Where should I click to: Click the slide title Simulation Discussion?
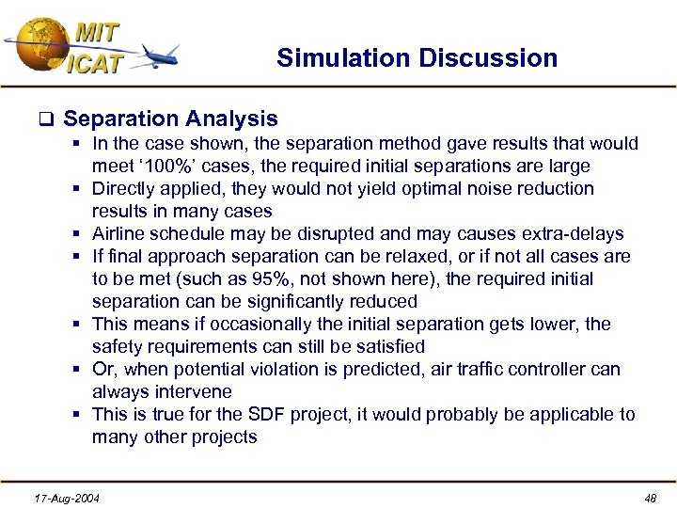[417, 58]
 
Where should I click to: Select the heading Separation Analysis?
[170, 119]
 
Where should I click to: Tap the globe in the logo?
[37, 40]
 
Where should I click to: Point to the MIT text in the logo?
[97, 31]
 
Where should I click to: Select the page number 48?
[651, 498]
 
